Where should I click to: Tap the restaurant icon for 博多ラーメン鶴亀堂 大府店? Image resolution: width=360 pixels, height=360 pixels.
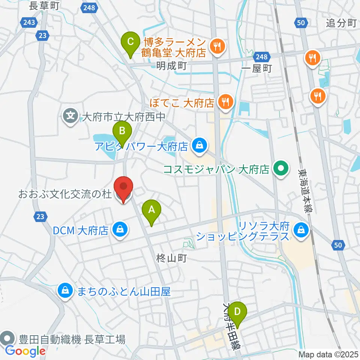pyautogui.click(x=217, y=47)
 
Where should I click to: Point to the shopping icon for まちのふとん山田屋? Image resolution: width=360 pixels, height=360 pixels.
pyautogui.click(x=66, y=291)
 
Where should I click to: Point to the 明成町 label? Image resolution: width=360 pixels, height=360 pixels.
pyautogui.click(x=171, y=66)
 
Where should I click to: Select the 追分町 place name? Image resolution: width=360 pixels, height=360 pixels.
pyautogui.click(x=340, y=23)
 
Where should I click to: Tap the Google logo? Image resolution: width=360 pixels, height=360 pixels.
pyautogui.click(x=25, y=351)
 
